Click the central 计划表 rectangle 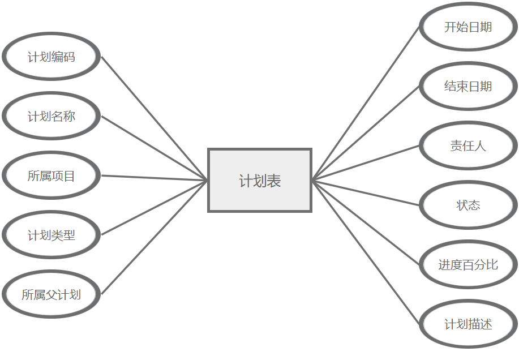pos(260,181)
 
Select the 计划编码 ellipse pos(52,57)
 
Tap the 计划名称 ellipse pos(52,117)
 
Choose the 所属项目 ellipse pos(52,176)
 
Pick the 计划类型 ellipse pos(52,235)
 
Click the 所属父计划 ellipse pos(52,294)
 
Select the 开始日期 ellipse pos(468,27)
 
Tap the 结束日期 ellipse pos(468,87)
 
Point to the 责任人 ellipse pos(468,146)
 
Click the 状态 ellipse pos(468,205)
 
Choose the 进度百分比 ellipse pos(468,264)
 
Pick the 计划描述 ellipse pos(468,324)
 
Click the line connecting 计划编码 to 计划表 pos(155,118)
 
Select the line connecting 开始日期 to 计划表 pos(366,104)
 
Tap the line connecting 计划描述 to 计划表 pos(366,252)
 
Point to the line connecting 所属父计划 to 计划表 pos(155,238)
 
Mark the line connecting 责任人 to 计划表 pos(366,163)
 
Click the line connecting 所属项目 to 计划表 pos(155,178)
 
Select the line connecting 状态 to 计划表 pos(366,192)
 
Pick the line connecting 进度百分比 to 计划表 pos(366,222)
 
